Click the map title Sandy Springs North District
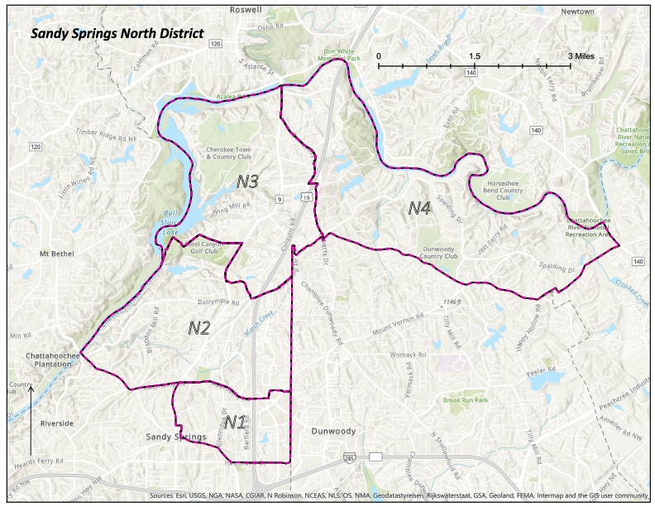[117, 35]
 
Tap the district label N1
[235, 423]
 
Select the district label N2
[198, 328]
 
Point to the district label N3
[248, 181]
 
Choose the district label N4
[419, 208]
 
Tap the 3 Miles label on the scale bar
[581, 56]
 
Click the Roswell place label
[246, 10]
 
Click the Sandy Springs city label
[175, 437]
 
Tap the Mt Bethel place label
[59, 253]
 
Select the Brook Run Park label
[466, 400]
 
